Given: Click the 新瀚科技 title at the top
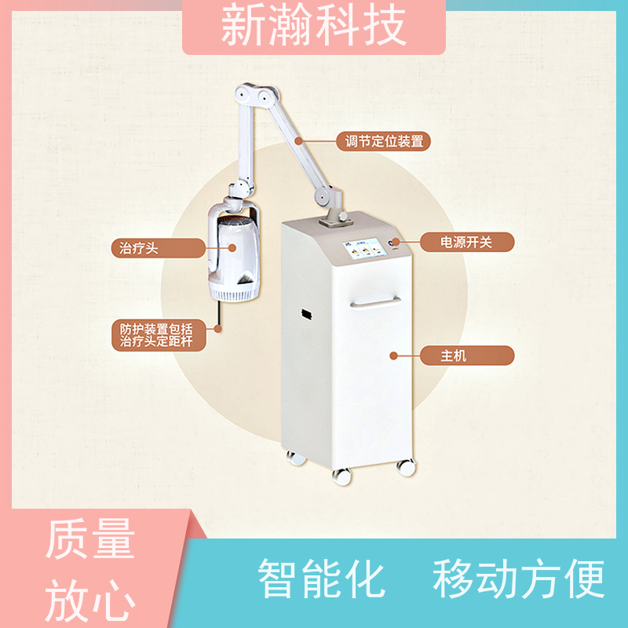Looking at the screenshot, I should tap(314, 26).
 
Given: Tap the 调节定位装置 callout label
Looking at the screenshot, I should tap(384, 141).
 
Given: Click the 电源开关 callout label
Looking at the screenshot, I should tap(466, 242).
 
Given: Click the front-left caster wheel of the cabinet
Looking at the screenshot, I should tap(342, 475).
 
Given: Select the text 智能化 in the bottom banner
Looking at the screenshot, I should tap(322, 579).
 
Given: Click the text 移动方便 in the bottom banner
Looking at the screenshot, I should tap(518, 579).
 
